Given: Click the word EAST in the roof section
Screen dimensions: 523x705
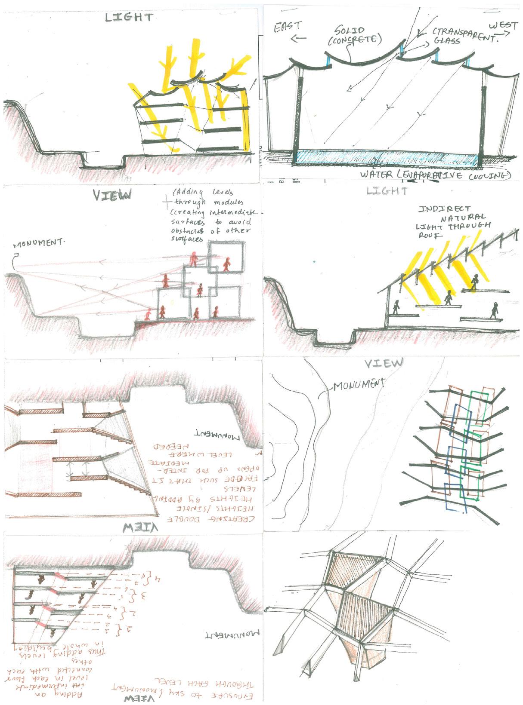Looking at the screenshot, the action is pos(288,26).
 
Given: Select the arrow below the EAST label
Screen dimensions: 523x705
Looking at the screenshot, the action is pos(298,38).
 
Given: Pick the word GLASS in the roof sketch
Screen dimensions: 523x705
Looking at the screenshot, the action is pos(447,41).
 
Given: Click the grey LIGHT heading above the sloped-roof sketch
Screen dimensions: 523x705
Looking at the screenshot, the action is pos(387,190).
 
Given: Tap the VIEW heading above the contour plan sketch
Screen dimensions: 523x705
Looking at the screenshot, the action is pos(384,364).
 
